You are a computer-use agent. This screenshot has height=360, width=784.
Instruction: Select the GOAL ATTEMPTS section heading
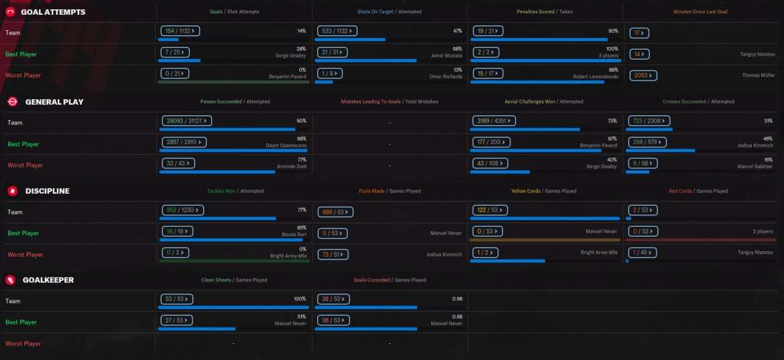click(x=53, y=12)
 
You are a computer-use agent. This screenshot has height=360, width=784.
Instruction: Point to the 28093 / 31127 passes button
click(x=187, y=121)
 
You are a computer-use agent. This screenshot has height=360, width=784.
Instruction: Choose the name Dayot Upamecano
click(x=286, y=145)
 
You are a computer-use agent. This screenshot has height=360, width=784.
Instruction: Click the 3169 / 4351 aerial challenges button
click(x=492, y=121)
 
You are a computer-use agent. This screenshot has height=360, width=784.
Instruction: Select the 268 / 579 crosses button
click(x=647, y=142)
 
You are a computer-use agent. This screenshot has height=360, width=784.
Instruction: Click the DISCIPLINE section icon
click(x=11, y=191)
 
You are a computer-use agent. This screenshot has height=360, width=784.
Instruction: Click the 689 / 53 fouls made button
click(x=335, y=212)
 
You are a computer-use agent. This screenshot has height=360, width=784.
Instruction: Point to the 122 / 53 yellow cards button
click(x=490, y=210)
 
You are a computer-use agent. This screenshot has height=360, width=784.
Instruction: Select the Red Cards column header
click(x=698, y=191)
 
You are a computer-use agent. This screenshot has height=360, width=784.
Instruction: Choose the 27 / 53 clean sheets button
click(x=177, y=320)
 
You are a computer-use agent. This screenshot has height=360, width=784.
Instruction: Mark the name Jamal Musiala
click(x=444, y=56)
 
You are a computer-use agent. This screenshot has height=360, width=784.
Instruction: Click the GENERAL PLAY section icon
click(x=11, y=102)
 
